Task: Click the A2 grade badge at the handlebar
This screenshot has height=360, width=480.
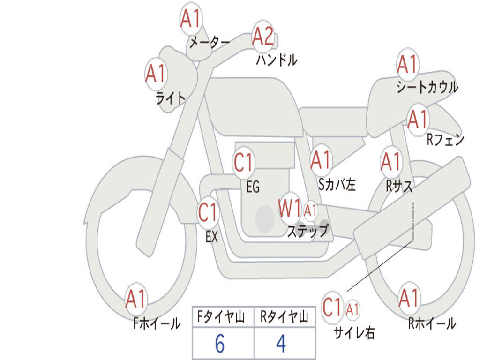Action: (263, 36)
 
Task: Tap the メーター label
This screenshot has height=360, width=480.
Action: (210, 43)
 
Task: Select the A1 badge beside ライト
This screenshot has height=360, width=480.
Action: (156, 73)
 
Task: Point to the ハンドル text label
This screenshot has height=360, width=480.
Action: (277, 60)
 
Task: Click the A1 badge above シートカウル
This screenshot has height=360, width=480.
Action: (407, 64)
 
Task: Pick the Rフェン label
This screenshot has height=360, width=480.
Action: (445, 140)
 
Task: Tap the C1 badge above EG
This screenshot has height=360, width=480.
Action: (244, 163)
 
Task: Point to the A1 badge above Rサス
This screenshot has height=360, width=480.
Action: (391, 161)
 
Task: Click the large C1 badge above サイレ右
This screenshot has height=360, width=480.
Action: (332, 308)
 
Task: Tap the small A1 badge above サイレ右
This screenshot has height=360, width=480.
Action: (353, 309)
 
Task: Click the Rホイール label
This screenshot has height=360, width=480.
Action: (432, 323)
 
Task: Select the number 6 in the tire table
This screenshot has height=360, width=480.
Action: (219, 344)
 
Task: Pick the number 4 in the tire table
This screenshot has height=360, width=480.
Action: (281, 344)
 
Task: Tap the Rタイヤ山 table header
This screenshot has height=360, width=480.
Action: (284, 318)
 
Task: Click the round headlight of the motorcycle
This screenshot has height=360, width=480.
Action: (176, 80)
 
